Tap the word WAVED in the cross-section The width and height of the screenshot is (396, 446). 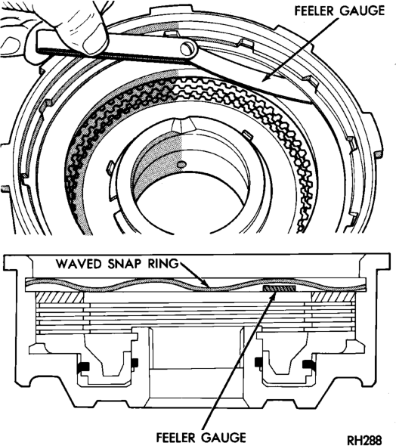[x=79, y=264]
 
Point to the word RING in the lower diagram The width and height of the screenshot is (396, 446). [x=163, y=264]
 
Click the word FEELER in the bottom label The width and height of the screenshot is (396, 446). [x=178, y=437]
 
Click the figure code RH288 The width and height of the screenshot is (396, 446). [x=364, y=440]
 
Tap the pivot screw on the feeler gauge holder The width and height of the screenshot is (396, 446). [x=187, y=48]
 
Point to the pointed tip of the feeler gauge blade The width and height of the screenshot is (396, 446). [x=311, y=101]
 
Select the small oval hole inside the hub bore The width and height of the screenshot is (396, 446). [x=181, y=164]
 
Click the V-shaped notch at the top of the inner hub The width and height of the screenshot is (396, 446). [x=184, y=125]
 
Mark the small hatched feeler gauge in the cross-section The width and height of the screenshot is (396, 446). [x=280, y=289]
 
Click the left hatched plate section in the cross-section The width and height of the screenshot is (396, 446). [x=60, y=297]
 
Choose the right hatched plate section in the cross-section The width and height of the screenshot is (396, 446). [x=333, y=297]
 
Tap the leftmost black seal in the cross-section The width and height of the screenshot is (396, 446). [x=83, y=367]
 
